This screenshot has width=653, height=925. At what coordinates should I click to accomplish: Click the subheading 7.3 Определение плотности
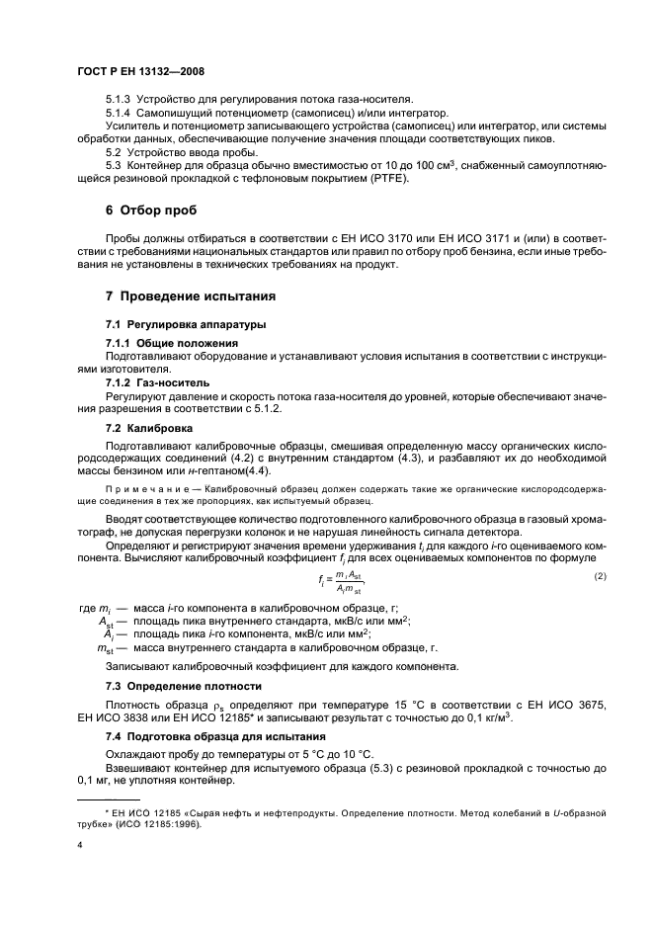[184, 685]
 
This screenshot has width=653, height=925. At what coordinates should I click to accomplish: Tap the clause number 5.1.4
[119, 115]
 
